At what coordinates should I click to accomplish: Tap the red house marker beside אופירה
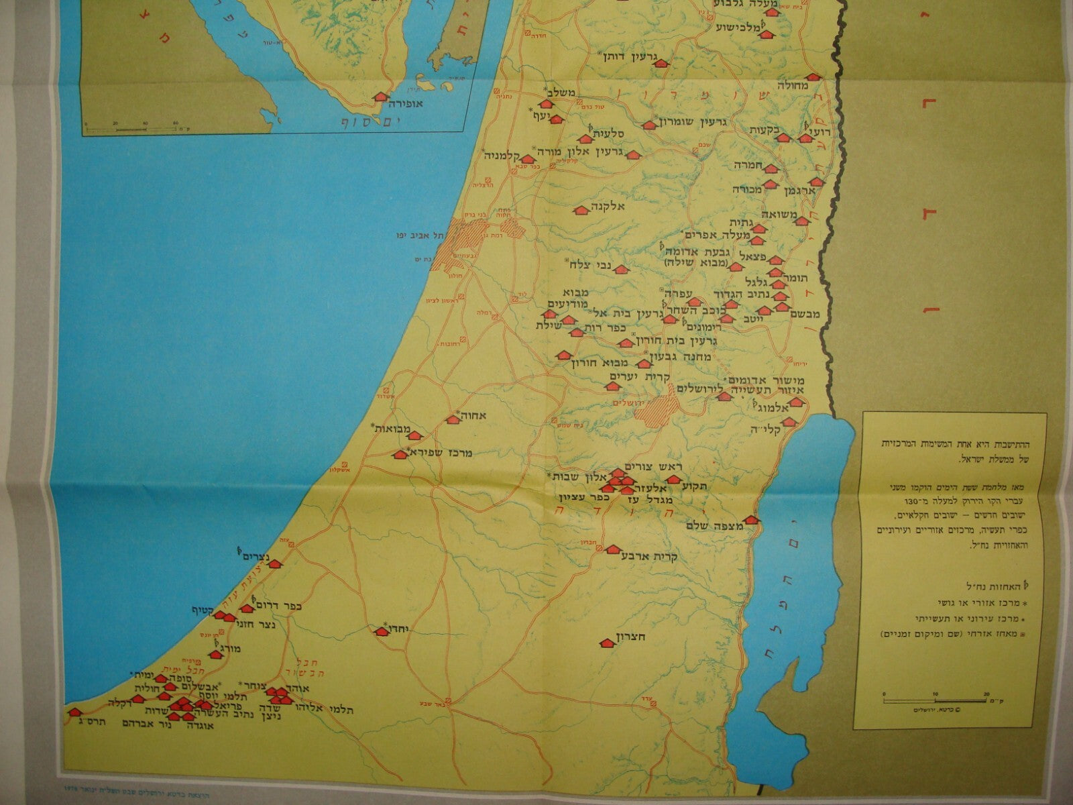[380, 97]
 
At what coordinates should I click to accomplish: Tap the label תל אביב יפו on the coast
[423, 235]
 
